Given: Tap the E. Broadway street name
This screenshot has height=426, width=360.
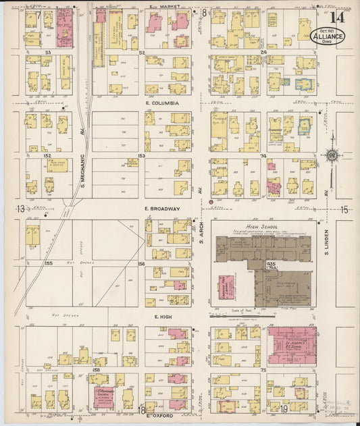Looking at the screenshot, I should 163,209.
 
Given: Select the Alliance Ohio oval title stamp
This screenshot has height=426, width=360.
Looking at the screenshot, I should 328,36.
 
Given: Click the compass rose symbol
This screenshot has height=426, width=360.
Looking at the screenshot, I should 332,156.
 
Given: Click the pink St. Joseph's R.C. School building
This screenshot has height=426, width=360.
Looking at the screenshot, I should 292,349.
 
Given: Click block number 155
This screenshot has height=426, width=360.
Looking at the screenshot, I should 49,263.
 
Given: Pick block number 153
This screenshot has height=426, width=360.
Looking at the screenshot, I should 142,156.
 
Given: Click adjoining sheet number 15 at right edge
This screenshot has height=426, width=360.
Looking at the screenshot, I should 344,210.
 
